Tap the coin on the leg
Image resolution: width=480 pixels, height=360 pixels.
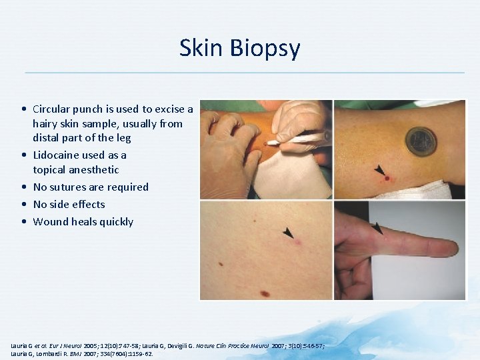[421, 141]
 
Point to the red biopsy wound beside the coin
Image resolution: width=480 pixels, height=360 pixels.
[386, 178]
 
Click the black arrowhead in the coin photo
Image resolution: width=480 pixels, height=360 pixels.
[379, 170]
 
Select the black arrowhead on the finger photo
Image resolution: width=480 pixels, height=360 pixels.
[377, 228]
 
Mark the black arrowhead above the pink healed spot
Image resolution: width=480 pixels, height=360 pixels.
[288, 232]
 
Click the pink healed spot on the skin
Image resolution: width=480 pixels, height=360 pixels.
[298, 241]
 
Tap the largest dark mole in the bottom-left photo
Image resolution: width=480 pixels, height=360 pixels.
[265, 293]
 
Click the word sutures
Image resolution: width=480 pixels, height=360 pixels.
[69, 187]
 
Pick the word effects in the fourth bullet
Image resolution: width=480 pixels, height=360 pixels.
[87, 205]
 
